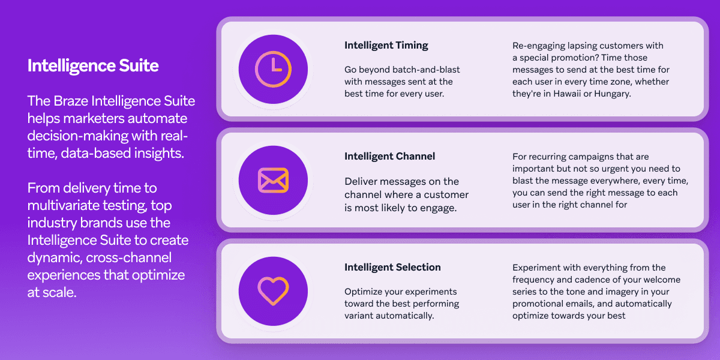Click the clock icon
[273, 70]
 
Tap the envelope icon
[273, 180]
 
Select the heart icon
[273, 291]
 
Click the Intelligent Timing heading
[386, 46]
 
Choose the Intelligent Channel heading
[389, 157]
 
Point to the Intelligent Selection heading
[392, 268]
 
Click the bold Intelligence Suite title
[93, 65]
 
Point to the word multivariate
[66, 205]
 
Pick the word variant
[361, 316]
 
